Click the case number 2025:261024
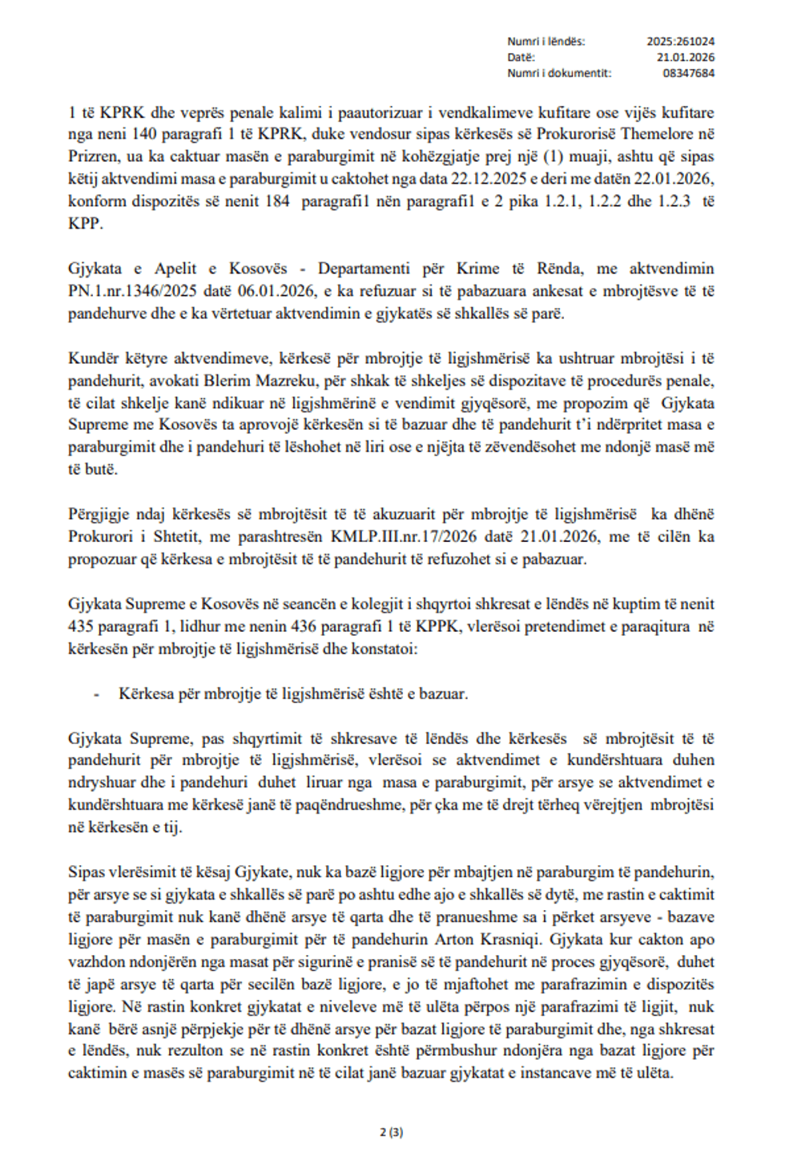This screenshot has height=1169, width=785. click(681, 41)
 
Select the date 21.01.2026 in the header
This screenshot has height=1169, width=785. click(686, 57)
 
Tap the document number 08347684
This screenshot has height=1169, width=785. click(689, 73)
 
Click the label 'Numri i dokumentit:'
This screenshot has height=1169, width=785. click(558, 73)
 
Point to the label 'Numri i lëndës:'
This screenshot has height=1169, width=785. click(545, 41)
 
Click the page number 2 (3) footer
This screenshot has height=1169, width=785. click(392, 1132)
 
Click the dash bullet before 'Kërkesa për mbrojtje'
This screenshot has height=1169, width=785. click(96, 694)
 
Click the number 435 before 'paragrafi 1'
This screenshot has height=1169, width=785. click(81, 626)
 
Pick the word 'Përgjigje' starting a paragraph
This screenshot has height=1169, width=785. click(95, 514)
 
